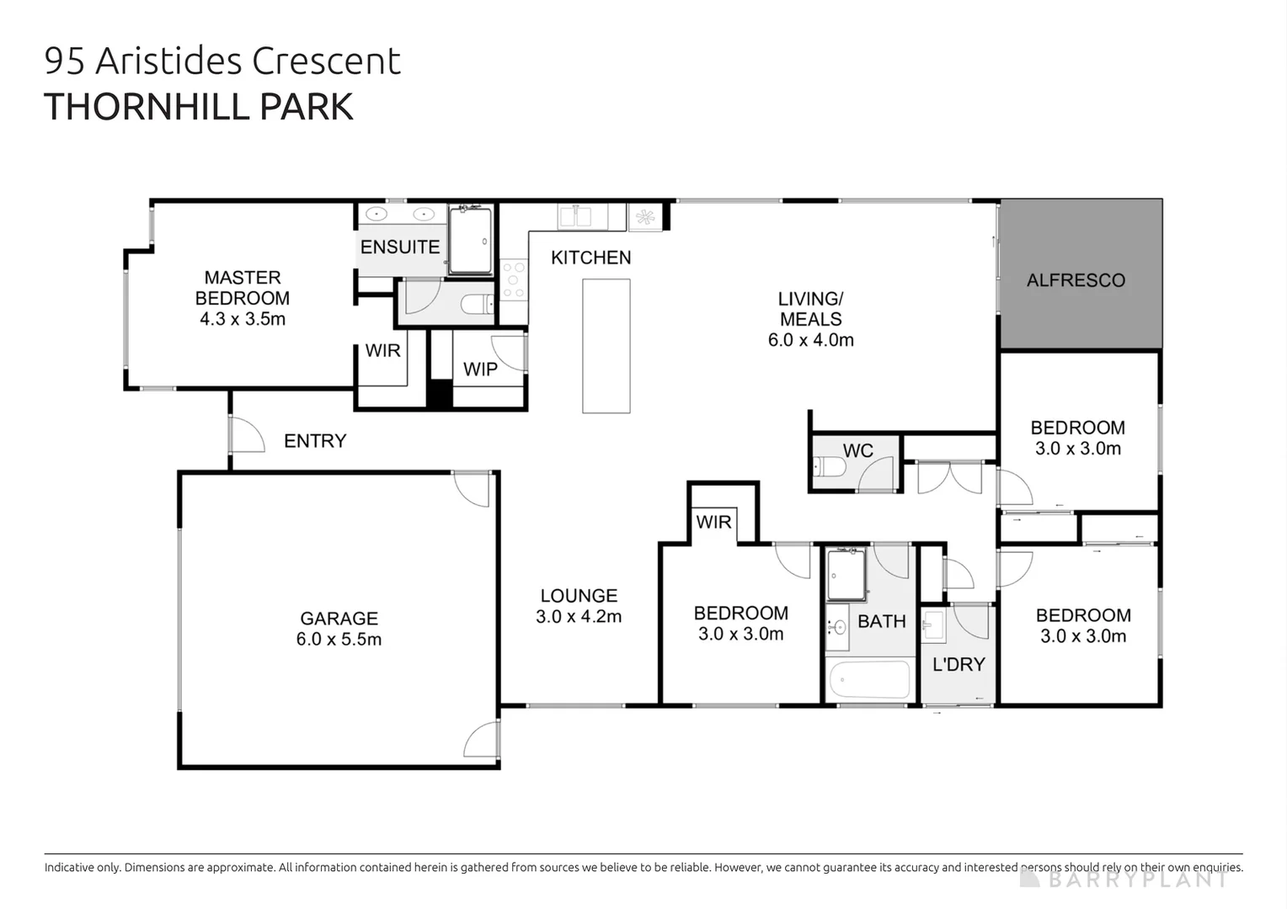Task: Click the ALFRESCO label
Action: (x=1076, y=280)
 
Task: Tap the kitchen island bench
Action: (x=606, y=346)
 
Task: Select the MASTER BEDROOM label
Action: (x=243, y=288)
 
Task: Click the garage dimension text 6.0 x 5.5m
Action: (x=339, y=640)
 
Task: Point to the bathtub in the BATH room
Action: (x=869, y=680)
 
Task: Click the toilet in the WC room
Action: (x=830, y=466)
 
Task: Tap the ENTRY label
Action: (x=315, y=441)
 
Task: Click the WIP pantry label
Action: (x=480, y=369)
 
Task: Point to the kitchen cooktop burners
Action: (x=513, y=280)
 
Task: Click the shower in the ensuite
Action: (x=470, y=241)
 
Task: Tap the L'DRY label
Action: (x=959, y=665)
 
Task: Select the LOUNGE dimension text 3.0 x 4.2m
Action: (x=579, y=617)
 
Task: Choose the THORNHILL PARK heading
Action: (x=199, y=107)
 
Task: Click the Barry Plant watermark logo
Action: (x=1124, y=879)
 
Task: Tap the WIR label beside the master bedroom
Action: (x=382, y=351)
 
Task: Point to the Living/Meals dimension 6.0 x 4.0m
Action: (x=810, y=340)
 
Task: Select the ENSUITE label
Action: (x=400, y=247)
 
